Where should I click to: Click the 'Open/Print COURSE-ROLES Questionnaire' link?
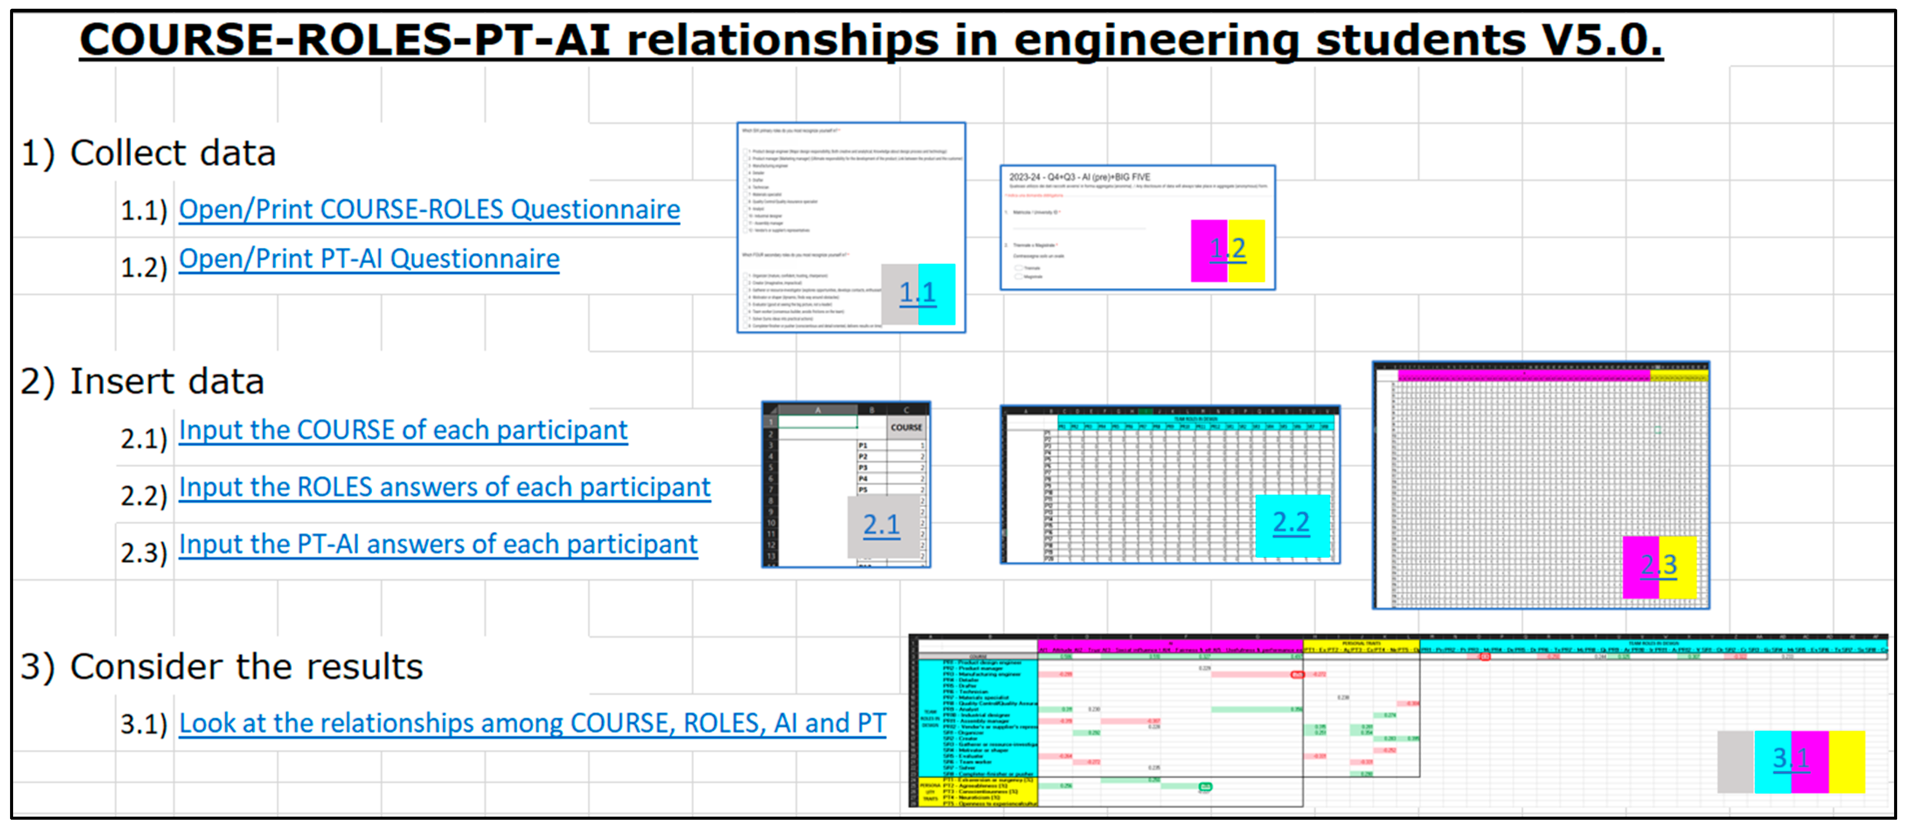[429, 210]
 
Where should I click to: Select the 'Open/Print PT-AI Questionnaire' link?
[369, 259]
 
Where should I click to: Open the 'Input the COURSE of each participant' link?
[403, 430]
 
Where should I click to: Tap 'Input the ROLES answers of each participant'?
[444, 488]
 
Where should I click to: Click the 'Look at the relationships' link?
[532, 724]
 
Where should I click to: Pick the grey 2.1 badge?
[881, 525]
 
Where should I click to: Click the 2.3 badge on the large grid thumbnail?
[1659, 566]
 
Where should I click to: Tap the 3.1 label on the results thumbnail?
[1790, 759]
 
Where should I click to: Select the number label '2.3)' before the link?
[144, 553]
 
